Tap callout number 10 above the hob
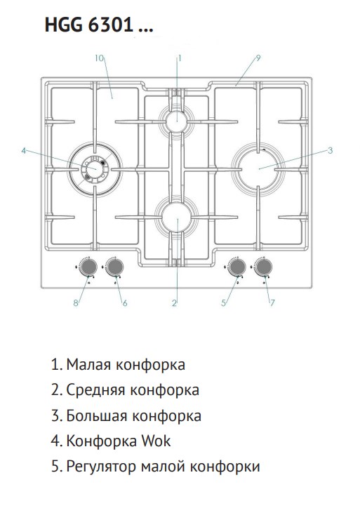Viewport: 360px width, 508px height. point(100,58)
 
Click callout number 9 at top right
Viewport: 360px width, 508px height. point(258,58)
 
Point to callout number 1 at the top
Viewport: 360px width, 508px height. point(180,58)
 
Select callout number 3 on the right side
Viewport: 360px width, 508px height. point(330,150)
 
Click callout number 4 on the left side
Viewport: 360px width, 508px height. point(23,151)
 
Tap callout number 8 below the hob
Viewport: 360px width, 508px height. point(76,303)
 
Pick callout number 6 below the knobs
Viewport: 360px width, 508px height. point(125,303)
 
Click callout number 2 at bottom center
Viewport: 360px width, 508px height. point(174,303)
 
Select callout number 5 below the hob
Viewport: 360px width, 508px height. point(223,303)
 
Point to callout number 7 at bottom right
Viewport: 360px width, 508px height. point(272,302)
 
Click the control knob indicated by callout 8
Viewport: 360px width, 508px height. point(88,267)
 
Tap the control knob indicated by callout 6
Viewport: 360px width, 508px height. point(115,267)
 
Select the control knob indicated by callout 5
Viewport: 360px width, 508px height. point(236,267)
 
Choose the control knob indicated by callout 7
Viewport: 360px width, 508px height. point(263,267)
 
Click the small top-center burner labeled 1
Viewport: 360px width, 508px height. point(177,121)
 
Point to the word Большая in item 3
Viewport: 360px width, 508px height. point(97,415)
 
